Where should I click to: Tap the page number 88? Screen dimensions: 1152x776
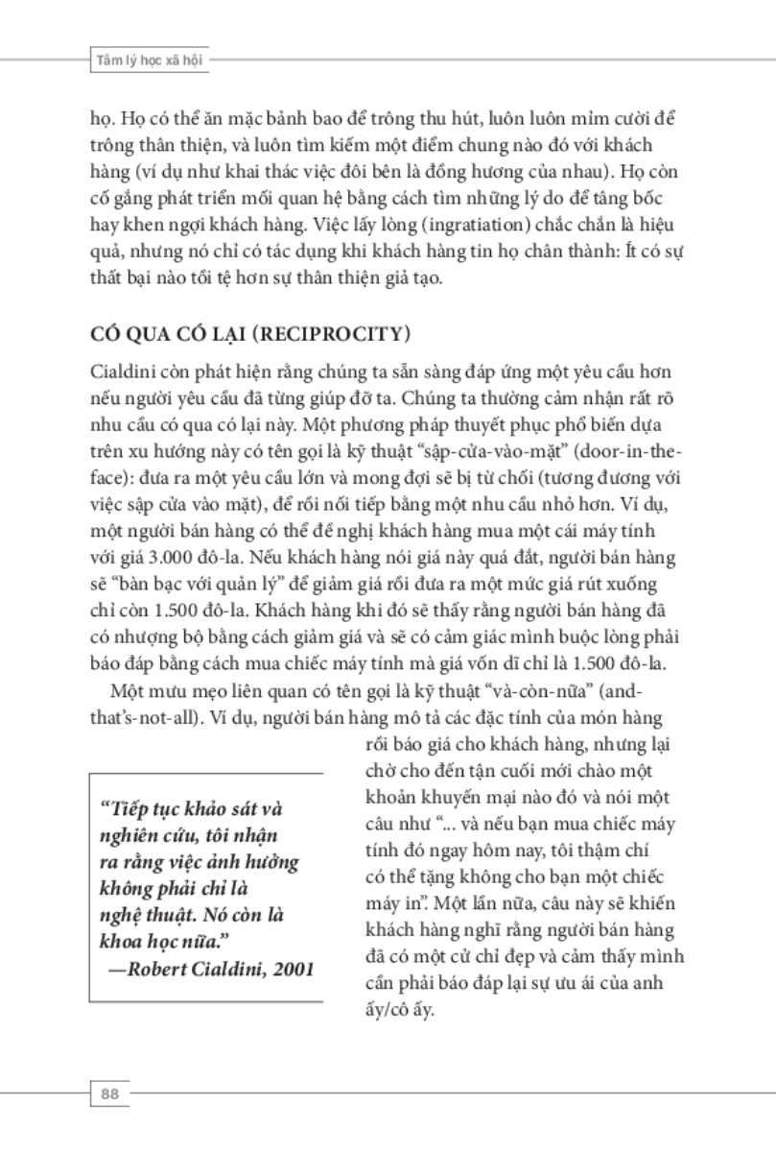[107, 1092]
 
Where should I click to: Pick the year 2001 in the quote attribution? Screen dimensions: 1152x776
[294, 968]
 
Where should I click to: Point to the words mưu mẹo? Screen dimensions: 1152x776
[174, 692]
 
